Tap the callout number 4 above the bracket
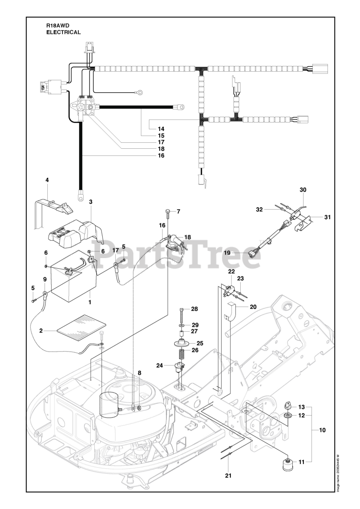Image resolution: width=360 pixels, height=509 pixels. point(47,180)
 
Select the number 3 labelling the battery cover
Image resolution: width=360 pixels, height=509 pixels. point(91,202)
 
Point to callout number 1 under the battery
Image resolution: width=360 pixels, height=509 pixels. point(90,302)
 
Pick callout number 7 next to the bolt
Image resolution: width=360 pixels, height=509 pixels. point(178,212)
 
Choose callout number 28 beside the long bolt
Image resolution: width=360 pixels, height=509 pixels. point(194,309)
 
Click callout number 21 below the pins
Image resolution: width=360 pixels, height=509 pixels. point(228,476)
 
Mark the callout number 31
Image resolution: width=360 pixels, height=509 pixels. point(327,217)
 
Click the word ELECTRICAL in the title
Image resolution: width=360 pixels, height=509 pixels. point(64,32)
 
